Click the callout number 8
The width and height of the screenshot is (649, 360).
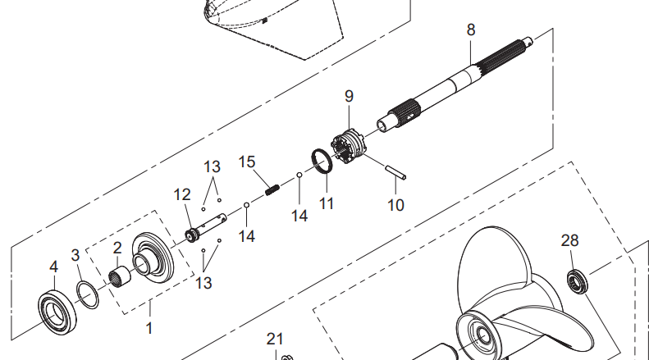pos(470,30)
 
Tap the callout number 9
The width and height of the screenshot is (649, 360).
pos(349,96)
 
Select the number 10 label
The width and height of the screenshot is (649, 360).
pos(395,204)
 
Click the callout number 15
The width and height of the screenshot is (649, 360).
pos(248,162)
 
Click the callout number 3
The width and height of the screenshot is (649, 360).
pos(75,254)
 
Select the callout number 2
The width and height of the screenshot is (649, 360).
pos(117,246)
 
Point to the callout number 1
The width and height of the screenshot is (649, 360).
pos(149,327)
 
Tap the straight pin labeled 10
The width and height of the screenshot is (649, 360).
pos(395,173)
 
